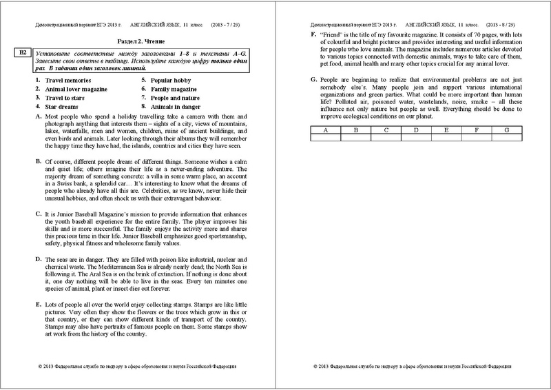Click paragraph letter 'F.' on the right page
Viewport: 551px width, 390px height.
(x=314, y=34)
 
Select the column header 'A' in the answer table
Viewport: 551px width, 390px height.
(x=325, y=130)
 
